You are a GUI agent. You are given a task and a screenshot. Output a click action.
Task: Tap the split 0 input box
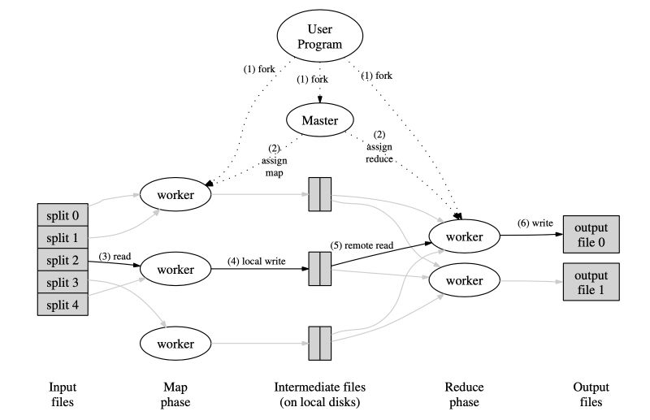click(x=62, y=215)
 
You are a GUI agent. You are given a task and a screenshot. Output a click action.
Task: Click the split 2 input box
click(x=62, y=260)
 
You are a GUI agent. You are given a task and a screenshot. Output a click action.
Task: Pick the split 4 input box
click(x=62, y=305)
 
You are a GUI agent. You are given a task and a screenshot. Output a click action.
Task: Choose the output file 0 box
click(x=591, y=235)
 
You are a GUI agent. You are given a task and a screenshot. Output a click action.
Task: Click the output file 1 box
click(x=591, y=281)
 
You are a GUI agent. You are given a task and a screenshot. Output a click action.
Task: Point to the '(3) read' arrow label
click(x=115, y=256)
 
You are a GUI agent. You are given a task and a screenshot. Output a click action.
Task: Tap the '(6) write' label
click(x=536, y=223)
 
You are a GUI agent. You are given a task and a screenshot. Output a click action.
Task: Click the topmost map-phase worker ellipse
click(x=176, y=195)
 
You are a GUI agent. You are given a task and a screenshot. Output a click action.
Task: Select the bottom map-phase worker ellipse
click(x=176, y=343)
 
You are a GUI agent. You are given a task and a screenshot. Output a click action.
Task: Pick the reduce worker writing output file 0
click(x=464, y=236)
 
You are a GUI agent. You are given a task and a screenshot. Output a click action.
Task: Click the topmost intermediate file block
click(x=320, y=195)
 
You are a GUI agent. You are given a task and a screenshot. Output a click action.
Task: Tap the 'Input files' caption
click(x=62, y=394)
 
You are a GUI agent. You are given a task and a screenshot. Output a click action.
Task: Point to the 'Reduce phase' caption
click(x=464, y=394)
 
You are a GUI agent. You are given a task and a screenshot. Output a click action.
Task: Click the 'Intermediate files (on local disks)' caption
click(x=320, y=394)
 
